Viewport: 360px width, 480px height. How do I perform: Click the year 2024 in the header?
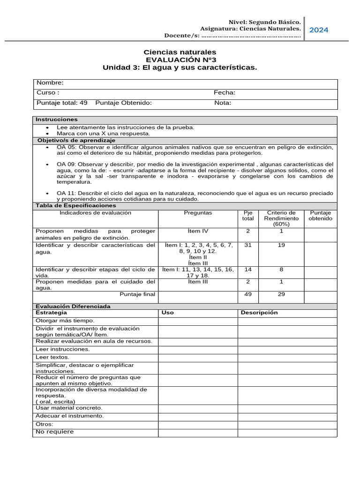[x=319, y=30]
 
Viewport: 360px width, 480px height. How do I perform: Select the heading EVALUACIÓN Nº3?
[x=180, y=60]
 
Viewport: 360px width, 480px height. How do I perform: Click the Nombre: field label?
[x=50, y=83]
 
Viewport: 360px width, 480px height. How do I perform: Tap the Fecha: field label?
[x=225, y=93]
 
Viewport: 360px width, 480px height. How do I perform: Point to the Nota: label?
[x=223, y=103]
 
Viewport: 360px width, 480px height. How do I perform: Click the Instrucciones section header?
[x=57, y=120]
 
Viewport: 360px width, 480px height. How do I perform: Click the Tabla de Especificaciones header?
[x=75, y=206]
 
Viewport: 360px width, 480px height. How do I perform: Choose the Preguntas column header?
[x=198, y=213]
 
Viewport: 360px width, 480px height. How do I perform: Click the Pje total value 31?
[x=248, y=245]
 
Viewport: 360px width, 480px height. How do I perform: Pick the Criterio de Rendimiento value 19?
[x=281, y=245]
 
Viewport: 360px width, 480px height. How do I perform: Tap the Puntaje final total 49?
[x=248, y=294]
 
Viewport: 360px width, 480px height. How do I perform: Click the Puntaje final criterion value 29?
[x=281, y=294]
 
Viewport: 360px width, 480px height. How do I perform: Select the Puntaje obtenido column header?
[x=321, y=216]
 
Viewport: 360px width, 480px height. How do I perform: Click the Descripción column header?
[x=259, y=313]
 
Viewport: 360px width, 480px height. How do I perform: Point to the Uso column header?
[x=167, y=313]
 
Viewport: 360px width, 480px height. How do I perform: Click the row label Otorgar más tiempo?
[x=65, y=321]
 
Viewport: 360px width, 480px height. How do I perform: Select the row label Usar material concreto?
[x=68, y=408]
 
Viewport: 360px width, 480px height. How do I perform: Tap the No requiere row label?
[x=55, y=432]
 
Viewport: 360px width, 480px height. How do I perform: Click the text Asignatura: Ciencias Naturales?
[x=250, y=29]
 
